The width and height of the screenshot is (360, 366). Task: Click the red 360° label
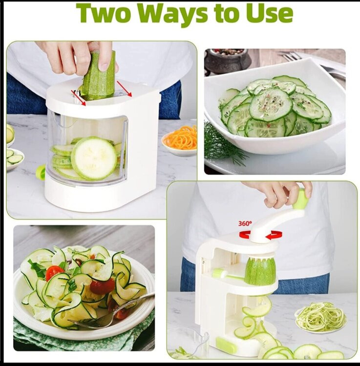(245, 224)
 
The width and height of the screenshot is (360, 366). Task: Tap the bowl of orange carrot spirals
(179, 142)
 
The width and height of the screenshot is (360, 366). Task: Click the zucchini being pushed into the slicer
(99, 75)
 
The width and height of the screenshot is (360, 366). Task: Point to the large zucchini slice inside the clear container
(94, 158)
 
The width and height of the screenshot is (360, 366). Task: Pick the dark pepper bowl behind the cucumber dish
(227, 60)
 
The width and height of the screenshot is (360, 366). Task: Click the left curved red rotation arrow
(245, 235)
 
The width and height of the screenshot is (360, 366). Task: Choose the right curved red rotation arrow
(274, 235)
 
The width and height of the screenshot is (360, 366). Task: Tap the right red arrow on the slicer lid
(124, 89)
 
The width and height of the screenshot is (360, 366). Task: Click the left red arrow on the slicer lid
(79, 98)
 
